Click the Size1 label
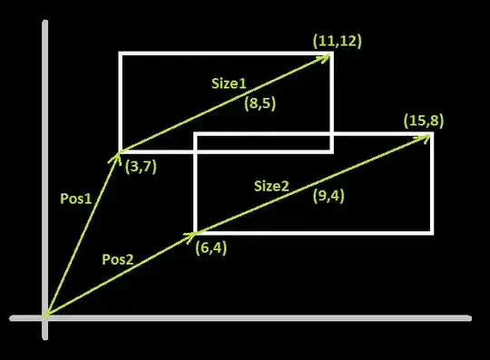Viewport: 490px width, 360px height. (229, 83)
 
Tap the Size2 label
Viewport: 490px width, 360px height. (271, 186)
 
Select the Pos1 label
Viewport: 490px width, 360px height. (75, 199)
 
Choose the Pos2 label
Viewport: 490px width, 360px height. (118, 259)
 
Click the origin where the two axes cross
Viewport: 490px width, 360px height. (45, 318)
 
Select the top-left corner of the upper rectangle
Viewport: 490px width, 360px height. (121, 54)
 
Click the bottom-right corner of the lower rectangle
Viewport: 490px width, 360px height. (432, 233)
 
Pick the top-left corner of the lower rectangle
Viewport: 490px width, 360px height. (196, 134)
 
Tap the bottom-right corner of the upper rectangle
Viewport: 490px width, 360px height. (331, 151)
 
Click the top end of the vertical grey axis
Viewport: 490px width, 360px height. (45, 21)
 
